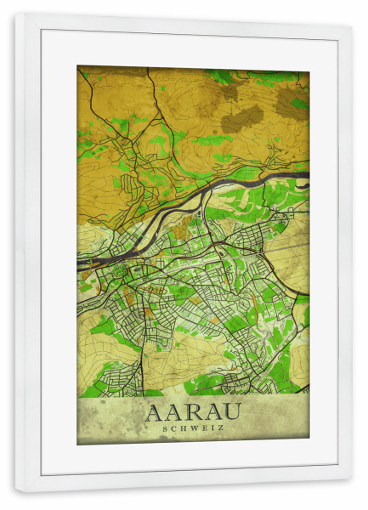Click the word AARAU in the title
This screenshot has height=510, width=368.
point(193,412)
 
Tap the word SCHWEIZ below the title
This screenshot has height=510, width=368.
point(193,428)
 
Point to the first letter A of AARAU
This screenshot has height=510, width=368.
point(155,412)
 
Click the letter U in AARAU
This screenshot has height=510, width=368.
point(232,412)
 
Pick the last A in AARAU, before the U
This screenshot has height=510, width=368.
point(212,412)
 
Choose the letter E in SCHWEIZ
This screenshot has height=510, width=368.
point(202,428)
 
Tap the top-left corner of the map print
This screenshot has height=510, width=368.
point(77,66)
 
